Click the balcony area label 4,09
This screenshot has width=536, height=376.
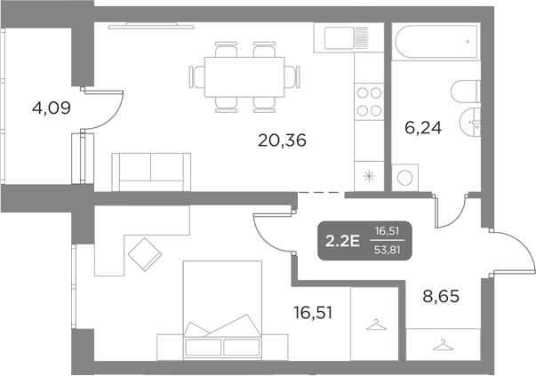coord(51,108)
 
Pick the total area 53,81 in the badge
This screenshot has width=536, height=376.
coord(388,250)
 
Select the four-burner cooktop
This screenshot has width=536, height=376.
coord(367,102)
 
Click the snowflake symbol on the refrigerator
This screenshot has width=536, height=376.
coord(367,175)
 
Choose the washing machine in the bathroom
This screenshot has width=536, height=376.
coord(407,175)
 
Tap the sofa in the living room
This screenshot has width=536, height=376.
coord(151,168)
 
